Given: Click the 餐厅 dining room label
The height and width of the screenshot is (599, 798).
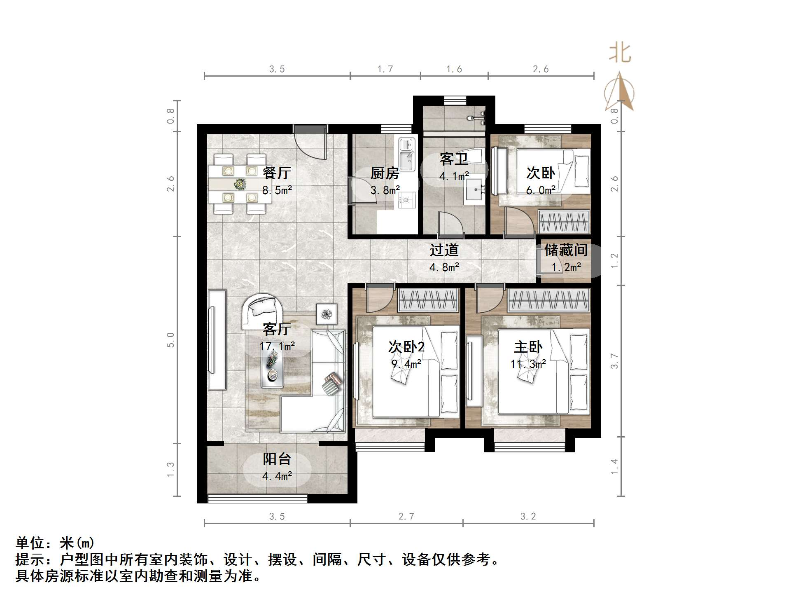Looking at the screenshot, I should pyautogui.click(x=277, y=173).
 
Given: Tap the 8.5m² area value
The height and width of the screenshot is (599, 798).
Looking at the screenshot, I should pyautogui.click(x=277, y=190).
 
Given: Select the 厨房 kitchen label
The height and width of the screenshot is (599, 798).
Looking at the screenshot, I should pyautogui.click(x=385, y=173).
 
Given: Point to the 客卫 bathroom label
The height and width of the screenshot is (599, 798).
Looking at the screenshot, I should pyautogui.click(x=454, y=159).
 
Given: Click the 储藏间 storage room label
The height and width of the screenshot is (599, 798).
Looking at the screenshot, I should pyautogui.click(x=566, y=250).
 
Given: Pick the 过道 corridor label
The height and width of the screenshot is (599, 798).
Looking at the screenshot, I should pyautogui.click(x=444, y=250).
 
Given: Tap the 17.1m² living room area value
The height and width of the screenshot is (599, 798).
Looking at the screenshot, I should pyautogui.click(x=277, y=346).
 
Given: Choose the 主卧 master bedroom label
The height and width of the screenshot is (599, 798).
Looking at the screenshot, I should pyautogui.click(x=528, y=347).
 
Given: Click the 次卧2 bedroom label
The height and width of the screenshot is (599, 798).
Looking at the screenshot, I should pyautogui.click(x=406, y=347).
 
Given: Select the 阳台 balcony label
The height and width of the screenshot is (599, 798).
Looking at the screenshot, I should pyautogui.click(x=277, y=459).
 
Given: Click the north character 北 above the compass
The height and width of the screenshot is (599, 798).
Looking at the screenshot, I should pyautogui.click(x=620, y=54).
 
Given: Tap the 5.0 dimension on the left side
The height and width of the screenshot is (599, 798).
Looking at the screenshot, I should pyautogui.click(x=170, y=340).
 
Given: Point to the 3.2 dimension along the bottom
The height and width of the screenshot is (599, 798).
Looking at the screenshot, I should pyautogui.click(x=528, y=517).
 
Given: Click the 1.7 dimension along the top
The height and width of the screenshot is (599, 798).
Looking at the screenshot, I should pyautogui.click(x=385, y=69).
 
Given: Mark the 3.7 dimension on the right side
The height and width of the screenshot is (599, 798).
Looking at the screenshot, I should pyautogui.click(x=614, y=361).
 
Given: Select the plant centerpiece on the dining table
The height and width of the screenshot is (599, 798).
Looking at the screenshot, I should pyautogui.click(x=239, y=183).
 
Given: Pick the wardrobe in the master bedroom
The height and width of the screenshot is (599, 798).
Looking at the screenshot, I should pyautogui.click(x=548, y=299).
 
